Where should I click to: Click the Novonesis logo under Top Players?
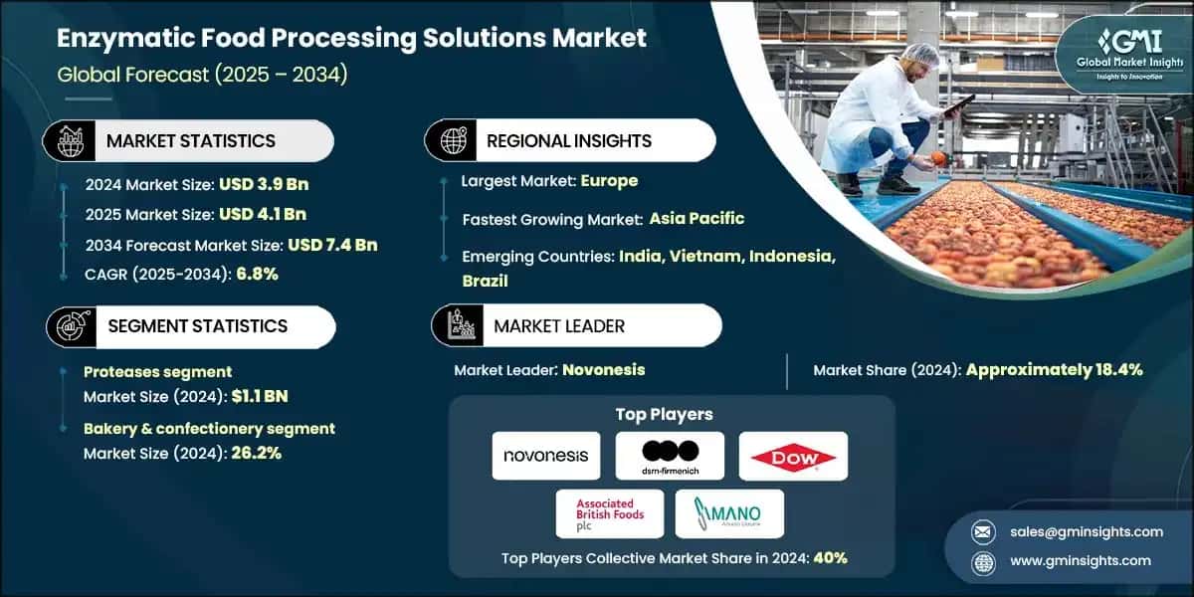[x=545, y=456]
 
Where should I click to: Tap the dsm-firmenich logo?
[x=670, y=456]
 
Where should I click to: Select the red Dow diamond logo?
[x=793, y=456]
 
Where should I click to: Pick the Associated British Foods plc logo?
[x=609, y=514]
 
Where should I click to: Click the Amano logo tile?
[x=729, y=514]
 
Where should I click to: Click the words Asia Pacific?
[x=696, y=218]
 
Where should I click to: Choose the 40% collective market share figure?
[x=830, y=557]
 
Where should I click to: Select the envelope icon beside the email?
[x=984, y=531]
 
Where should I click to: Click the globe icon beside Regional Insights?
[x=454, y=140]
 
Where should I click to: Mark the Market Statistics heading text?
[x=190, y=141]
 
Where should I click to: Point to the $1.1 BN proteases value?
[x=260, y=396]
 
